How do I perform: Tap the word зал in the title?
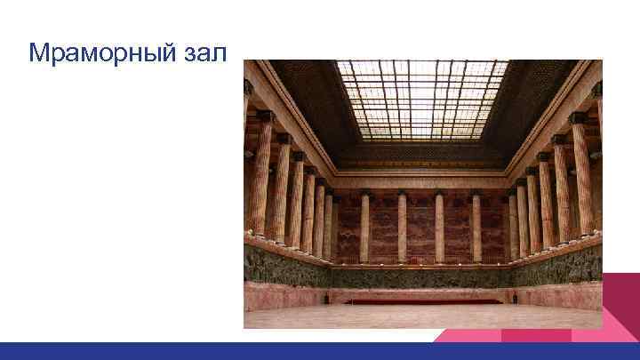[206, 53]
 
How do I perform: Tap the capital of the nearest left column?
[264, 116]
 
